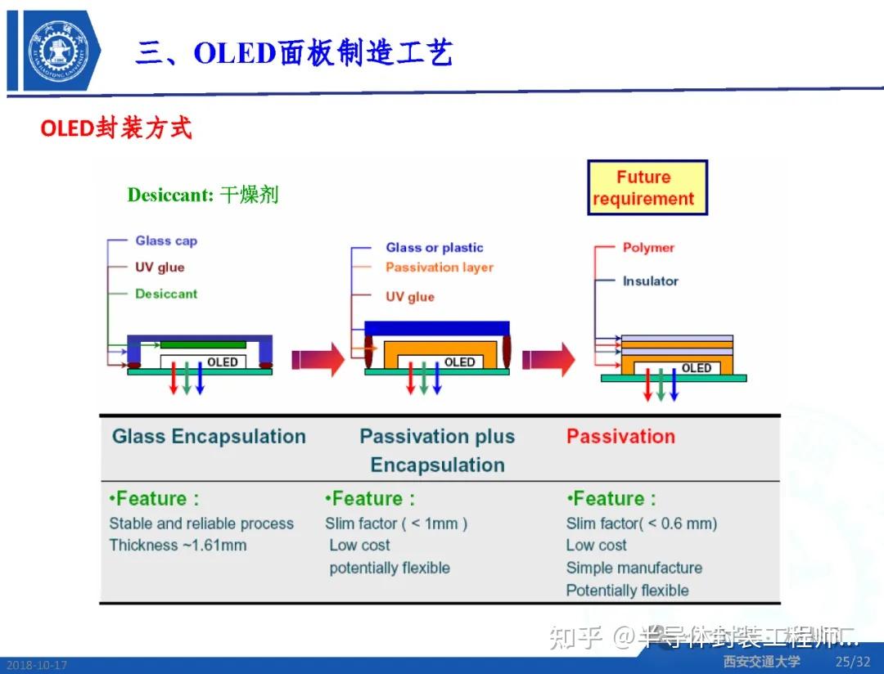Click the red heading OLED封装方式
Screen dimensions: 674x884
(115, 128)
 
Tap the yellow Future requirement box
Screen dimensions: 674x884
(647, 188)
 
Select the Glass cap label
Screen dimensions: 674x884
(166, 240)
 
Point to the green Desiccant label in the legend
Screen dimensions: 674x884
(166, 294)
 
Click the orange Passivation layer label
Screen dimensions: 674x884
(440, 267)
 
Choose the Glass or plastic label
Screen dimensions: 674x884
(435, 247)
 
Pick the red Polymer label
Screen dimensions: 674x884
(648, 247)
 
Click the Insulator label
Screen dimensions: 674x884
(650, 281)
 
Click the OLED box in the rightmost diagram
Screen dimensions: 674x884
(695, 368)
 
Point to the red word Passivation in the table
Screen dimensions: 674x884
(620, 436)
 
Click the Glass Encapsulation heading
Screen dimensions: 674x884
(209, 436)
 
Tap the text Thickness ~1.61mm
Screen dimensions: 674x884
(178, 545)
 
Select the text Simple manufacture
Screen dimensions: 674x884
(634, 568)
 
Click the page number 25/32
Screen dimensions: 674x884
(853, 662)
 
